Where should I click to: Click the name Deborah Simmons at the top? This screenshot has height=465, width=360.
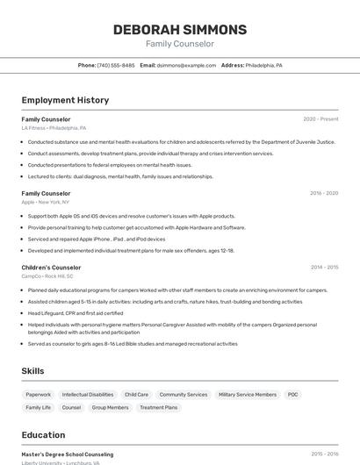180,30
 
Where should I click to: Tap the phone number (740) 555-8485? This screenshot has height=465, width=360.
116,65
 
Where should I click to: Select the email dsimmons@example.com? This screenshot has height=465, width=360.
186,65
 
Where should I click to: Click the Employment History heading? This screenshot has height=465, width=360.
65,100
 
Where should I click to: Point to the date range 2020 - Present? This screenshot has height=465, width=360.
320,119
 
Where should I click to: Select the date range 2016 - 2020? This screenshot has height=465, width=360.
324,193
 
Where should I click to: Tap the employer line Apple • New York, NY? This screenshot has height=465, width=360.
46,202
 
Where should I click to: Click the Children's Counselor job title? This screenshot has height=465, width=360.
51,268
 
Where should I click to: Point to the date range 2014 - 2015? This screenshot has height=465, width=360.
324,268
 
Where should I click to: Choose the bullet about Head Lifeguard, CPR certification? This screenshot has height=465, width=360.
76,312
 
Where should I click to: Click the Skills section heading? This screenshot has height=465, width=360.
33,371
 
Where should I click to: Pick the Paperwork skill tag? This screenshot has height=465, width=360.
39,395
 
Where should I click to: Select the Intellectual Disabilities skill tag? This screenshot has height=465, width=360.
88,395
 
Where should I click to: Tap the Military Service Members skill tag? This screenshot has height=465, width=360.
247,395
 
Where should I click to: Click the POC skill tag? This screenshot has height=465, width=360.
292,395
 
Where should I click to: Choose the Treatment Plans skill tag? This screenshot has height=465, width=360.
158,407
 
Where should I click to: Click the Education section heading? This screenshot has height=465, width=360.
43,435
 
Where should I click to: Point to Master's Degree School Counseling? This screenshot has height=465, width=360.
68,454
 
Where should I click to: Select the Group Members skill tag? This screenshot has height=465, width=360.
111,407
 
